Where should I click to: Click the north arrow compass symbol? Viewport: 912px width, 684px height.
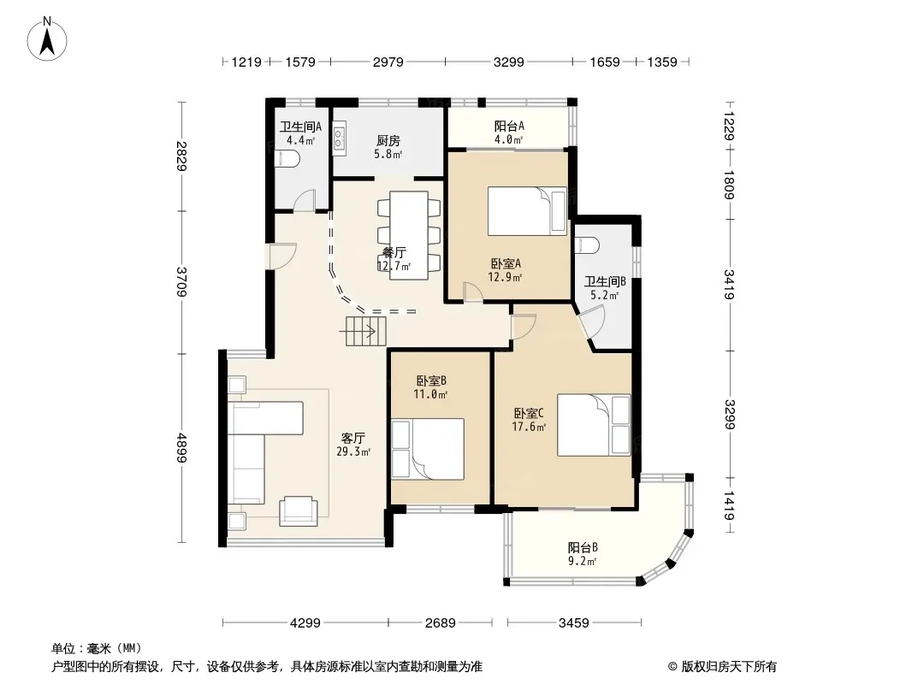[x=47, y=39]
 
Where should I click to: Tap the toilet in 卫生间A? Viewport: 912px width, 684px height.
[x=286, y=157]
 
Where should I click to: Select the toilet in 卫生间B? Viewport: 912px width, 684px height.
[x=586, y=245]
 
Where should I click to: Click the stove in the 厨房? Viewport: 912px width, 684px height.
[x=339, y=139]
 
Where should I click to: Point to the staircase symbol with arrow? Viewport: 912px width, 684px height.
[x=365, y=331]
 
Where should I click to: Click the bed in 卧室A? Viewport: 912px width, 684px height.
[x=527, y=210]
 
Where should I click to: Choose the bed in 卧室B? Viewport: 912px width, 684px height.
[x=428, y=449]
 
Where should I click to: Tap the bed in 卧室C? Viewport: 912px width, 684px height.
[x=594, y=425]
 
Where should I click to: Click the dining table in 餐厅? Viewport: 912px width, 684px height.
[x=409, y=235]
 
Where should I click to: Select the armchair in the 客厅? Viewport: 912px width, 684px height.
[x=299, y=511]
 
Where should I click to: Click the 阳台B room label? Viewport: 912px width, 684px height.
[x=583, y=547]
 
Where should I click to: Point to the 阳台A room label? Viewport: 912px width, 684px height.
[x=510, y=126]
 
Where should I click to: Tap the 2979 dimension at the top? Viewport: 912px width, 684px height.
[x=388, y=62]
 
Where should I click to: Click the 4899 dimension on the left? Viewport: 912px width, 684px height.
[x=182, y=448]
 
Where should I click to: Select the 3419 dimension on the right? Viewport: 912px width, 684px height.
[x=729, y=284]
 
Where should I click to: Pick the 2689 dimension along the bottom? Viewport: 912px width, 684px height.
[x=441, y=623]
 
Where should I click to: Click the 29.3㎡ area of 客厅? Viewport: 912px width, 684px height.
[x=353, y=451]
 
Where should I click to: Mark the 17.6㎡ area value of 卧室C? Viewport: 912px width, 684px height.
[x=529, y=427]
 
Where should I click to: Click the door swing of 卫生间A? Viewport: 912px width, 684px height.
[x=304, y=200]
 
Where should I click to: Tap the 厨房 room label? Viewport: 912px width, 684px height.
[x=388, y=140]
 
